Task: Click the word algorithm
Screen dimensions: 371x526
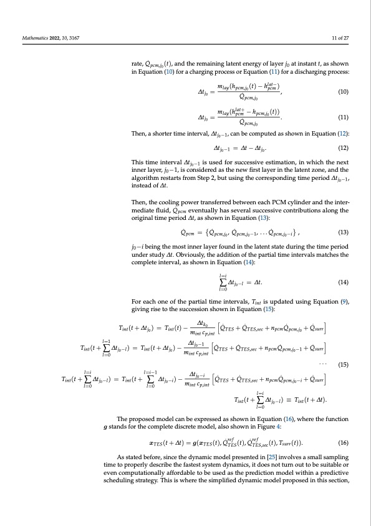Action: [x=147, y=179]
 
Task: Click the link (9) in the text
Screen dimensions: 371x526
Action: [x=343, y=302]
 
